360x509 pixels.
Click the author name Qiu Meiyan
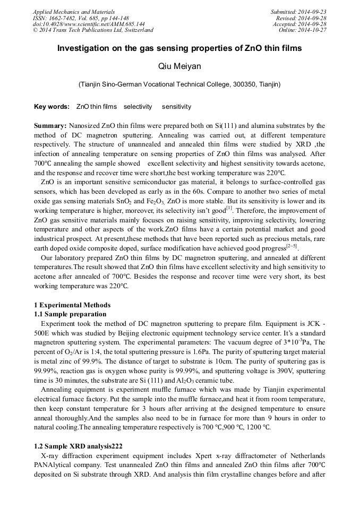(179, 66)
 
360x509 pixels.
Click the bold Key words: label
(52, 107)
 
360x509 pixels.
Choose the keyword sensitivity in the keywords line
(176, 107)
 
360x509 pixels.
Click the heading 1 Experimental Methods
(72, 305)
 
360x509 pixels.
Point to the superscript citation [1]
(229, 208)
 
